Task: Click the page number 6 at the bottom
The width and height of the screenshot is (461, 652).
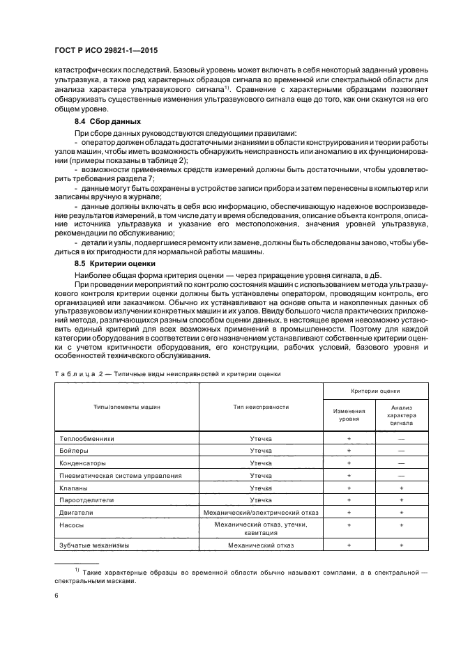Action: pos(56,596)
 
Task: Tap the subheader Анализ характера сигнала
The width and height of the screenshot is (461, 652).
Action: pos(401,415)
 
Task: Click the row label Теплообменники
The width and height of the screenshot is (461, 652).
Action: pos(86,439)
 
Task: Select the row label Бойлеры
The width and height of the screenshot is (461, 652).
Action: pos(74,451)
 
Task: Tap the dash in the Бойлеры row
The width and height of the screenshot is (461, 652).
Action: pos(401,451)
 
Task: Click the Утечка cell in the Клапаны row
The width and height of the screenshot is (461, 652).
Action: pos(261,488)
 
